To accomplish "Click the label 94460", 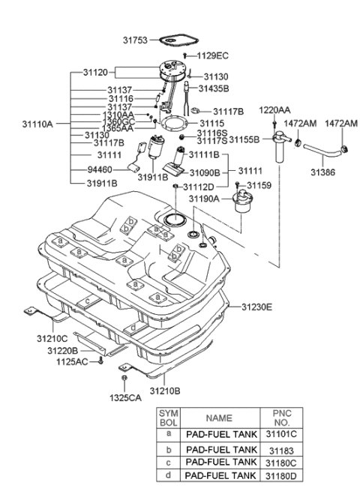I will [x=100, y=171].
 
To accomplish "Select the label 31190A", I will [x=204, y=199].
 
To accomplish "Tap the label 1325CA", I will [x=124, y=397].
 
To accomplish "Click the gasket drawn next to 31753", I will [x=175, y=40].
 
